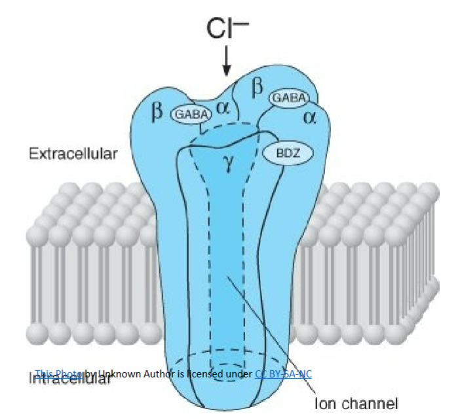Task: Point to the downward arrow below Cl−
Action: (x=227, y=61)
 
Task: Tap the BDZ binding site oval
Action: (x=287, y=154)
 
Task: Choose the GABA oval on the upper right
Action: (x=288, y=97)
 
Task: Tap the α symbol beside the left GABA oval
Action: (x=223, y=109)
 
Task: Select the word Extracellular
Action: (x=73, y=154)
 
